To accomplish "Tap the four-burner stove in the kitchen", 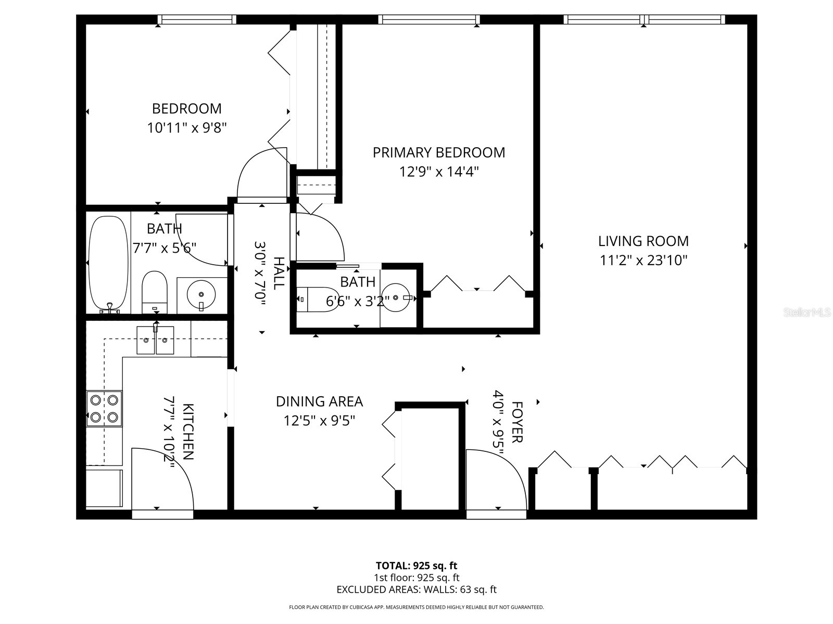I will pos(104,408).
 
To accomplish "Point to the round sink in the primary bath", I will pos(398,297).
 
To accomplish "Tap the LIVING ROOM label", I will pos(643,241).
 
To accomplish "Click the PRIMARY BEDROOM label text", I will pos(438,153).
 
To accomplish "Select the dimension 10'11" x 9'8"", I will pos(187,128).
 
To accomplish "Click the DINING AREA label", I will pos(319,401).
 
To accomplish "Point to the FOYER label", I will pos(516,422).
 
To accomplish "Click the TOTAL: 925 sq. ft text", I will pos(416,566).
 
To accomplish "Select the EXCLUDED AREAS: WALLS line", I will pos(416,590).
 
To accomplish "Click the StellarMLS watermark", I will pos(807,313).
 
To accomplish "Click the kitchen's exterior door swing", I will pos(161,481).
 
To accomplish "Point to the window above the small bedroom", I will pos(197,20).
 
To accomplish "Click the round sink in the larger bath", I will pos(201,294).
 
